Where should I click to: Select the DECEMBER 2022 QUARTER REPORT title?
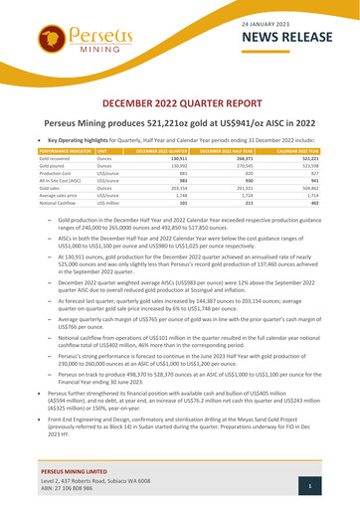(x=180, y=102)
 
